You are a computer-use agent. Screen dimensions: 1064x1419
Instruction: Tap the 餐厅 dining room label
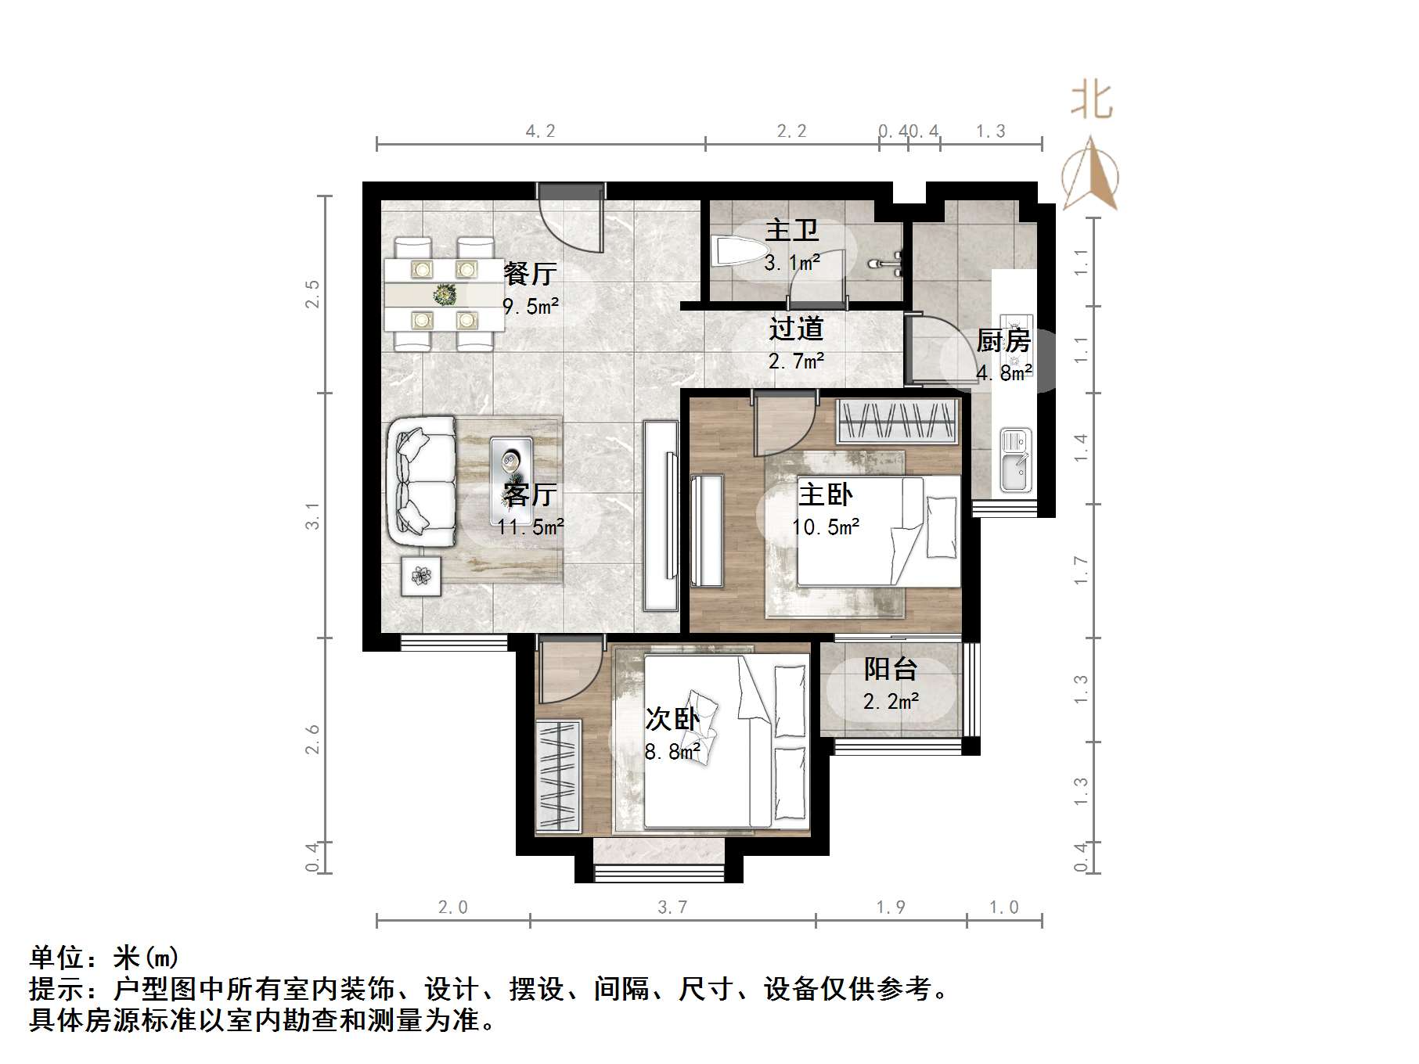[x=530, y=273]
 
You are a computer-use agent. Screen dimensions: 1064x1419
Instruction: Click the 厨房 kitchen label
[x=1003, y=341]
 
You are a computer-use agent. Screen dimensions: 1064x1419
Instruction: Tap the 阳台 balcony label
[x=890, y=669]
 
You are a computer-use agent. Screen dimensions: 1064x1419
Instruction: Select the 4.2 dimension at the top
[x=540, y=131]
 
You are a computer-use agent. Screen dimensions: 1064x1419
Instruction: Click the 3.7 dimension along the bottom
[x=672, y=908]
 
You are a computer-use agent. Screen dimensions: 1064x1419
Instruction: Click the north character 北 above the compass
[x=1091, y=101]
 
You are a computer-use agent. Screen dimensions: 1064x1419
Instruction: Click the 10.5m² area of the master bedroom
[x=825, y=527]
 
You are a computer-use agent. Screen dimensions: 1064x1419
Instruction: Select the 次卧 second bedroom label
[x=672, y=720]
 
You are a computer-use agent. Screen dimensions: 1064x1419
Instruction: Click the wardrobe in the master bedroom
[x=897, y=422]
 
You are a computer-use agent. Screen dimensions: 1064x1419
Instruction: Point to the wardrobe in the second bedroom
[x=558, y=775]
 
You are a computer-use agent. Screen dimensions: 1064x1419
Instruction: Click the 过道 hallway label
[x=795, y=329]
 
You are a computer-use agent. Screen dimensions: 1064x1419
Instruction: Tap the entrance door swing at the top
[x=571, y=218]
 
